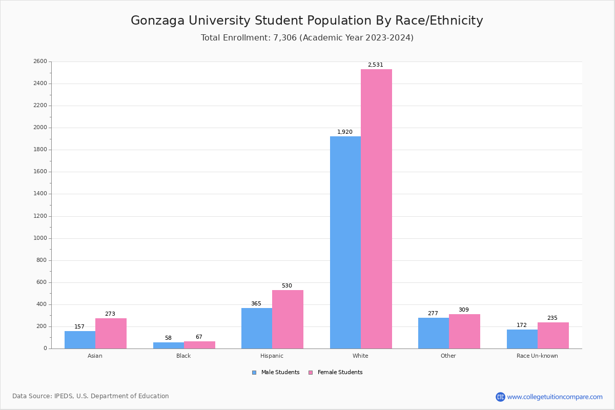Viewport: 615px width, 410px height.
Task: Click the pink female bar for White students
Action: pyautogui.click(x=376, y=209)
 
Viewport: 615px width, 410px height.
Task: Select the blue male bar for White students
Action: pyautogui.click(x=345, y=242)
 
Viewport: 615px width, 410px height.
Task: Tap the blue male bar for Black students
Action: pyautogui.click(x=169, y=345)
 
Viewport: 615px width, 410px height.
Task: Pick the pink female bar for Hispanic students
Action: pyautogui.click(x=288, y=319)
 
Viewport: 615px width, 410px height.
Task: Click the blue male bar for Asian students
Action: pyautogui.click(x=80, y=340)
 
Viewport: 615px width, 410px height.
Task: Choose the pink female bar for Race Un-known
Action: pyautogui.click(x=553, y=336)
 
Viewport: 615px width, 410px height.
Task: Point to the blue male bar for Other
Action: pyautogui.click(x=434, y=333)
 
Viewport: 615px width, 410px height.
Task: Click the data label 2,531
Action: pyautogui.click(x=375, y=65)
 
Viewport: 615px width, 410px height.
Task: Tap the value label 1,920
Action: pyautogui.click(x=344, y=132)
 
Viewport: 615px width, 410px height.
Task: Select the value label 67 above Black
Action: pyautogui.click(x=199, y=337)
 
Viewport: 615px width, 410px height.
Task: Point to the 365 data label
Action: pyautogui.click(x=256, y=304)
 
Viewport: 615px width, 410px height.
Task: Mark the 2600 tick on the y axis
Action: pyautogui.click(x=40, y=61)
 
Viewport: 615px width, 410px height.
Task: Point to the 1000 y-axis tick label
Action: pyautogui.click(x=40, y=238)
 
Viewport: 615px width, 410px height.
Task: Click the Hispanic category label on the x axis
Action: pyautogui.click(x=272, y=356)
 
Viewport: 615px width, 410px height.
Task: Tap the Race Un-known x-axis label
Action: pyautogui.click(x=537, y=356)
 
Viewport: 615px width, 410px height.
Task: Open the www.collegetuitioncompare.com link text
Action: pyautogui.click(x=555, y=397)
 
